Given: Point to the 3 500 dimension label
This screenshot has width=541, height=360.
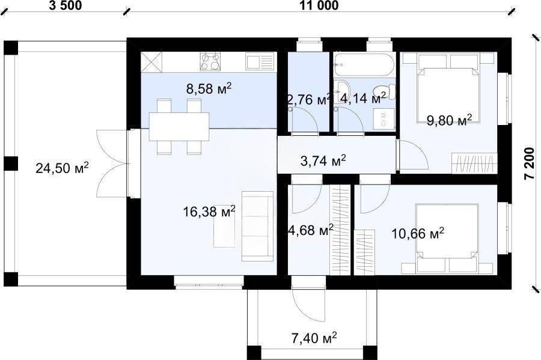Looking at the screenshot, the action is (x=65, y=6).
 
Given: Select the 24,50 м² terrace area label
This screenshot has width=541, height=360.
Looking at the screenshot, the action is (x=62, y=168).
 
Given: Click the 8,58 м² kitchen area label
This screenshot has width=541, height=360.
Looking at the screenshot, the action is (x=209, y=88).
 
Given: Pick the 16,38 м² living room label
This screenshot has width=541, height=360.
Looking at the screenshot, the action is (x=209, y=211).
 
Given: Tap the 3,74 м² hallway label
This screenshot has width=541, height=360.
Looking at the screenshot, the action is (x=323, y=160).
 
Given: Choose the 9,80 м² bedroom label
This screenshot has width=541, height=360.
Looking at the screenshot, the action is (x=449, y=120).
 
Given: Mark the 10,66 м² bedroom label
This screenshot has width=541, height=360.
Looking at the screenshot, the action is (x=418, y=233).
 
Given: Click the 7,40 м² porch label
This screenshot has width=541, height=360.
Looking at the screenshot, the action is (x=314, y=338).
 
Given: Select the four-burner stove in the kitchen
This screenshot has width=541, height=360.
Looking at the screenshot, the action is (x=210, y=62).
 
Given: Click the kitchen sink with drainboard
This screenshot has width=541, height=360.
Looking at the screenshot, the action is (x=260, y=62).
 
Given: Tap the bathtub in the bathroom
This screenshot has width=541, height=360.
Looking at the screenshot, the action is (x=364, y=64).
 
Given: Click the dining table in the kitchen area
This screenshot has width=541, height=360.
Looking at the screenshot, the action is (x=179, y=126).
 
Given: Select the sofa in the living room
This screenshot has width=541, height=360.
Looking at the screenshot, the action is (x=257, y=226).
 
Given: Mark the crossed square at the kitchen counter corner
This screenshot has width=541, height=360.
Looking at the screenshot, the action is (x=151, y=62).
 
